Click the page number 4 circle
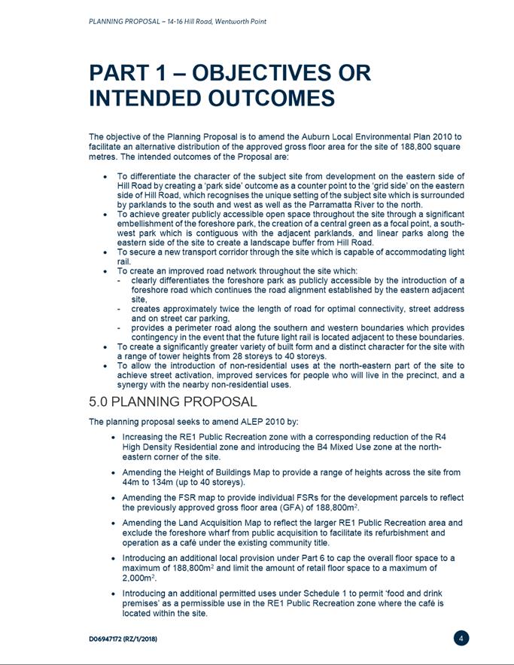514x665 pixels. pos(462,639)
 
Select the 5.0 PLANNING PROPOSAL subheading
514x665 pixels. pos(172,402)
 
